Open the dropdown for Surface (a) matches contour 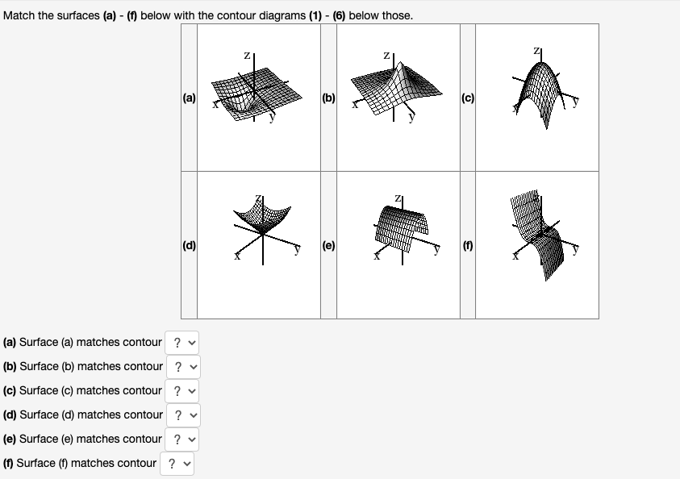[181, 343]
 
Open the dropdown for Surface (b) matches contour [183, 367]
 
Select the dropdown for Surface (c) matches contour [181, 391]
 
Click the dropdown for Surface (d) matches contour [183, 415]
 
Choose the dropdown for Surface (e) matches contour [181, 439]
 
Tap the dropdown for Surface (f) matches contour [177, 464]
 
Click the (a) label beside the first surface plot [189, 98]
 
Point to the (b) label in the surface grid [329, 98]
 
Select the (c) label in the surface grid [468, 98]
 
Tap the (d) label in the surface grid [189, 246]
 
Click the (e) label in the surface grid [329, 246]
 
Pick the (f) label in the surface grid [468, 246]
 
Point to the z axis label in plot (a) [247, 55]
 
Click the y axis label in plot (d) [298, 249]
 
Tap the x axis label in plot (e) [377, 256]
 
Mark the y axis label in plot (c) [575, 102]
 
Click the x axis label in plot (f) [515, 256]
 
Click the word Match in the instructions [19, 15]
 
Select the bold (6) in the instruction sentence [339, 15]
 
